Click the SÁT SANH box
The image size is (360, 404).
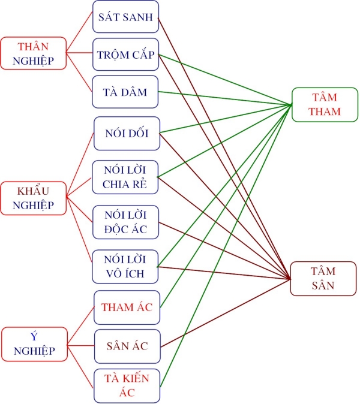click(x=126, y=17)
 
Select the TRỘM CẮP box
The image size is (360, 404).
click(x=126, y=55)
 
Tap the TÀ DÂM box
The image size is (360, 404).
click(x=126, y=92)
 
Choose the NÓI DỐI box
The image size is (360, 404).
click(x=126, y=133)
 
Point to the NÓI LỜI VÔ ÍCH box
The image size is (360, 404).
click(x=126, y=266)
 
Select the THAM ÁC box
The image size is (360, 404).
click(x=127, y=307)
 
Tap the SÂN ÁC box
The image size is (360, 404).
click(x=127, y=346)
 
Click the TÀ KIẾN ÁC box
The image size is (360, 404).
click(x=127, y=385)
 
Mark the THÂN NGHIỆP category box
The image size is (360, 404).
click(x=33, y=53)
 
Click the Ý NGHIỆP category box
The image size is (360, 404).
click(x=33, y=344)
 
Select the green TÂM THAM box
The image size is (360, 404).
click(x=326, y=105)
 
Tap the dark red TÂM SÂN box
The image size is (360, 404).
click(x=325, y=278)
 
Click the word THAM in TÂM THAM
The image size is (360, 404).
click(x=326, y=111)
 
